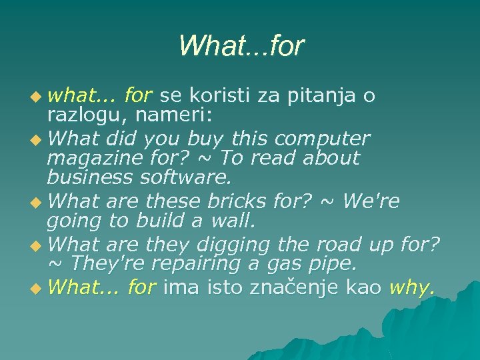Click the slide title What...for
pyautogui.click(x=241, y=45)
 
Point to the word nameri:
pyautogui.click(x=173, y=116)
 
